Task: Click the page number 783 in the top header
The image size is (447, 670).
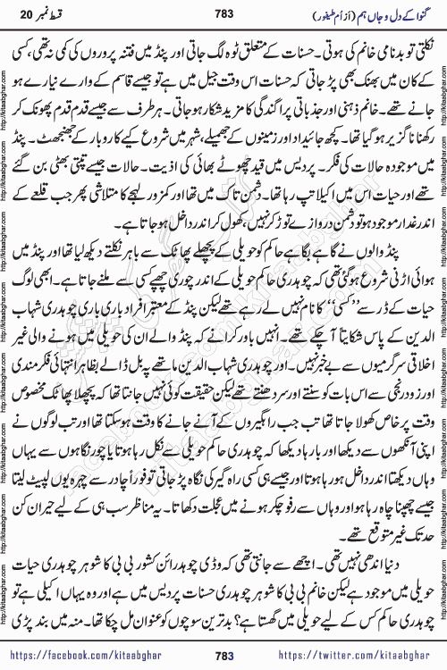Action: (223, 18)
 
